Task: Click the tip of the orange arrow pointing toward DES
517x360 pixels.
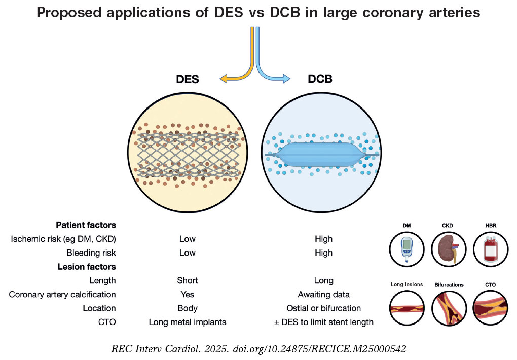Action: (220, 79)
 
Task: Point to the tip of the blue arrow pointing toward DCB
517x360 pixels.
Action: (290, 79)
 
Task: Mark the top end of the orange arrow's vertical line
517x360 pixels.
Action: (252, 27)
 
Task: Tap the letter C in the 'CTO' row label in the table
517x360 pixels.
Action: (101, 322)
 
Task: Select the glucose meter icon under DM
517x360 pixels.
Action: (407, 249)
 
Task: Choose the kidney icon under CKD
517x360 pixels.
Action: (448, 249)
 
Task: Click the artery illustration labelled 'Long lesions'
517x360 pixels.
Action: (407, 308)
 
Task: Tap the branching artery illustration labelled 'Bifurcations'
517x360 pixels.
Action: (449, 308)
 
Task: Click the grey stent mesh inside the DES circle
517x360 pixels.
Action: (188, 154)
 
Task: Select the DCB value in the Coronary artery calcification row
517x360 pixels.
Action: (324, 294)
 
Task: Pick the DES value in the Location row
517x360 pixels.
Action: (187, 308)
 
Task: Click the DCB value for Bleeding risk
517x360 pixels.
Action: (324, 253)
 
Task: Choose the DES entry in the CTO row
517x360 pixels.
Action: (187, 322)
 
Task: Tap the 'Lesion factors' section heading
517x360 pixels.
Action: (87, 267)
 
